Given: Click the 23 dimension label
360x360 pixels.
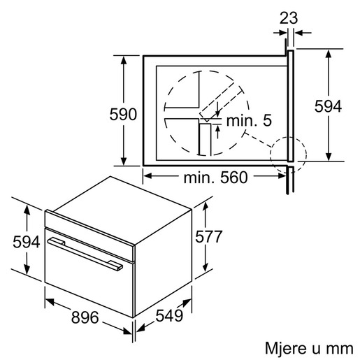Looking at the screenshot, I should coord(288,18).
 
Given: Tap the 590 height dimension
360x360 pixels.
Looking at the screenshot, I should coord(123,114).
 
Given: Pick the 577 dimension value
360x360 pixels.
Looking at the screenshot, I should coord(208,237).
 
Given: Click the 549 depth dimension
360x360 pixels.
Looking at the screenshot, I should coord(169,316).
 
